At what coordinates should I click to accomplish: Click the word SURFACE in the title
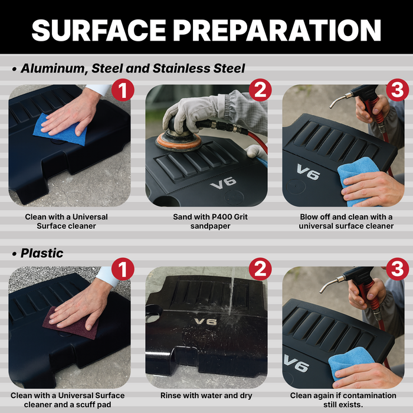point(99,30)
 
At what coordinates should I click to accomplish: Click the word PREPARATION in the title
point(277,30)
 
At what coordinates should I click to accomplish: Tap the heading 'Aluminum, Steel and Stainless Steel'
point(133,68)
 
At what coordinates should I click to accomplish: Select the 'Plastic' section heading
point(42,253)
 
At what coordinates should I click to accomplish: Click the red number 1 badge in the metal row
point(123,90)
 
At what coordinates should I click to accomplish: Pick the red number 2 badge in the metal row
point(260,90)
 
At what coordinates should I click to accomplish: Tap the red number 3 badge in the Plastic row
point(398,269)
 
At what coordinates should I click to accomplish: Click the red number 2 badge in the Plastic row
point(260,269)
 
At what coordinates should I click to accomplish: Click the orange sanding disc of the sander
point(179,142)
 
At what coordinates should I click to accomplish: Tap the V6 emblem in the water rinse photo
point(205,322)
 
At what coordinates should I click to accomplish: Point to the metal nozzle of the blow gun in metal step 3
point(340,100)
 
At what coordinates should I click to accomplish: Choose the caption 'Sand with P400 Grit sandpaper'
point(210,221)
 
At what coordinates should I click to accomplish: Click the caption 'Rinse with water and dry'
point(206,396)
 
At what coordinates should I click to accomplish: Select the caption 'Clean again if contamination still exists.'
point(343,400)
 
